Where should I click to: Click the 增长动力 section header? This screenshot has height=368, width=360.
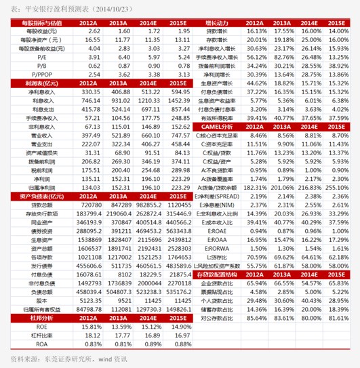(x=217, y=23)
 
